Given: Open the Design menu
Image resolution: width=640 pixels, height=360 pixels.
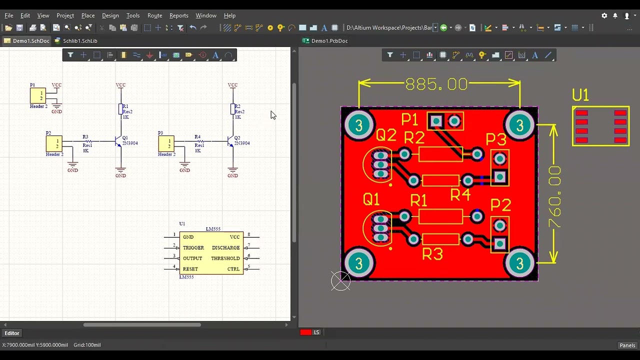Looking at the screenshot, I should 110,15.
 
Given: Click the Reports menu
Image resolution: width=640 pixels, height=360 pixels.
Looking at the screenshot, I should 178,15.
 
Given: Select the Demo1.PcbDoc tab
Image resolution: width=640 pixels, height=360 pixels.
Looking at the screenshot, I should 329,41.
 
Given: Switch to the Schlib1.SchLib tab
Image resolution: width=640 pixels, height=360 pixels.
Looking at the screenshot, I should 79,41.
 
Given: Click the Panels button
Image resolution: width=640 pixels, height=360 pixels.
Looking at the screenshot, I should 627,345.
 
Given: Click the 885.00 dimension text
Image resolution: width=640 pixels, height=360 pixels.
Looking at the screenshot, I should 436,84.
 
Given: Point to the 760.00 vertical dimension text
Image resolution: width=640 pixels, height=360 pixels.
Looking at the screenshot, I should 554,197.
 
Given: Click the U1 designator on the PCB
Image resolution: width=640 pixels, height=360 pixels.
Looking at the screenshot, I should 580,95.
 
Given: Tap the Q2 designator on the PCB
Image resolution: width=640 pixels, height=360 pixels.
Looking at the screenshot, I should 386,135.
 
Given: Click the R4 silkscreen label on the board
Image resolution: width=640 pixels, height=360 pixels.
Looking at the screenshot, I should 460,195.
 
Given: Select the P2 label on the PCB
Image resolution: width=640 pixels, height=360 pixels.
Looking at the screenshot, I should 500,205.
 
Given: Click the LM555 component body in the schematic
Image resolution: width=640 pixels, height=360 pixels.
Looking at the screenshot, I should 211,253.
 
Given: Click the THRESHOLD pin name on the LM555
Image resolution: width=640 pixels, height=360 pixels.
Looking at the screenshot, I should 225,258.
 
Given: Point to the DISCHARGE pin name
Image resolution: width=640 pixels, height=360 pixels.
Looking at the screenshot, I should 225,248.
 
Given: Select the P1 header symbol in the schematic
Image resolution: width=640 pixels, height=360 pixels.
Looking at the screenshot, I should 37,95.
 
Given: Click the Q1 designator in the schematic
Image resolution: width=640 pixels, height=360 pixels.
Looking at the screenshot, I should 125,138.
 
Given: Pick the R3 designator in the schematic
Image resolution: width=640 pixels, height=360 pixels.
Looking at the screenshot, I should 85,136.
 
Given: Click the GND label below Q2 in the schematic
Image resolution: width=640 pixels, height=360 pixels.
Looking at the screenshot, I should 232,175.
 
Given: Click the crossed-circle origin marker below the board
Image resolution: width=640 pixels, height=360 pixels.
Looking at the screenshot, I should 340,281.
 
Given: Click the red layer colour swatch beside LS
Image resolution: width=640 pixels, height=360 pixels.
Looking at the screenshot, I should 305,332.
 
